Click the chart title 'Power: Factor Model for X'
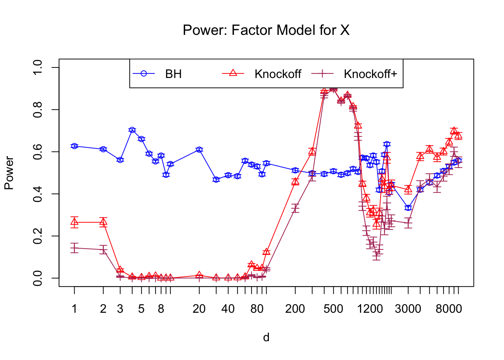266,30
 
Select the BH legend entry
173,74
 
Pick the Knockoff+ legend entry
370,74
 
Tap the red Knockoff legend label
277,74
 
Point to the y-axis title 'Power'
9,173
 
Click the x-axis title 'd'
266,337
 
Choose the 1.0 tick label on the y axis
38,67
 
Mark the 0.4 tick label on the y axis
38,194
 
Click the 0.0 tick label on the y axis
38,278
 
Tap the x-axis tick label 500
333,309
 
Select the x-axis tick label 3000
408,309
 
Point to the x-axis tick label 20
199,309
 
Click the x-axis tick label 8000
449,309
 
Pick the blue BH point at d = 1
74,146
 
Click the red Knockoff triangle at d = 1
74,222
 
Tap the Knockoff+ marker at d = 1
74,248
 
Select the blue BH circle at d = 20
199,150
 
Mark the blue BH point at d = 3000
408,208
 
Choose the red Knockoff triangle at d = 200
295,181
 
